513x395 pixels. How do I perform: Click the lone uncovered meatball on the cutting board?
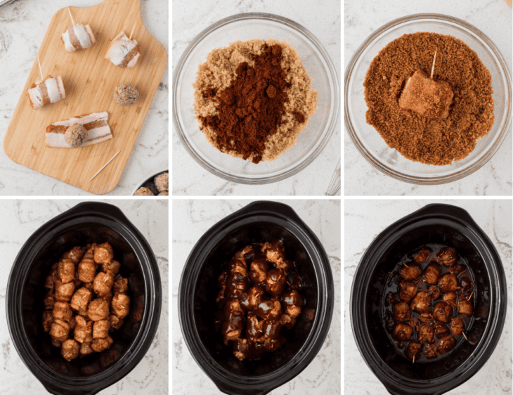click(x=126, y=93)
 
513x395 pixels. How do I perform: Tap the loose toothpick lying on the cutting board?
click(x=105, y=165)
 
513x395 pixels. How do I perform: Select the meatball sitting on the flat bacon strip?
click(x=75, y=134)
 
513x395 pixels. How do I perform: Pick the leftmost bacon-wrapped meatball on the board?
click(x=46, y=91)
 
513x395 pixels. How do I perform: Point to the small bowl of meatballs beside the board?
click(x=153, y=185)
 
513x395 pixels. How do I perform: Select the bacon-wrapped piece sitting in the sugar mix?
click(x=426, y=95)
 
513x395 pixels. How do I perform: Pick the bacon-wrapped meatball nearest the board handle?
click(x=122, y=49)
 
